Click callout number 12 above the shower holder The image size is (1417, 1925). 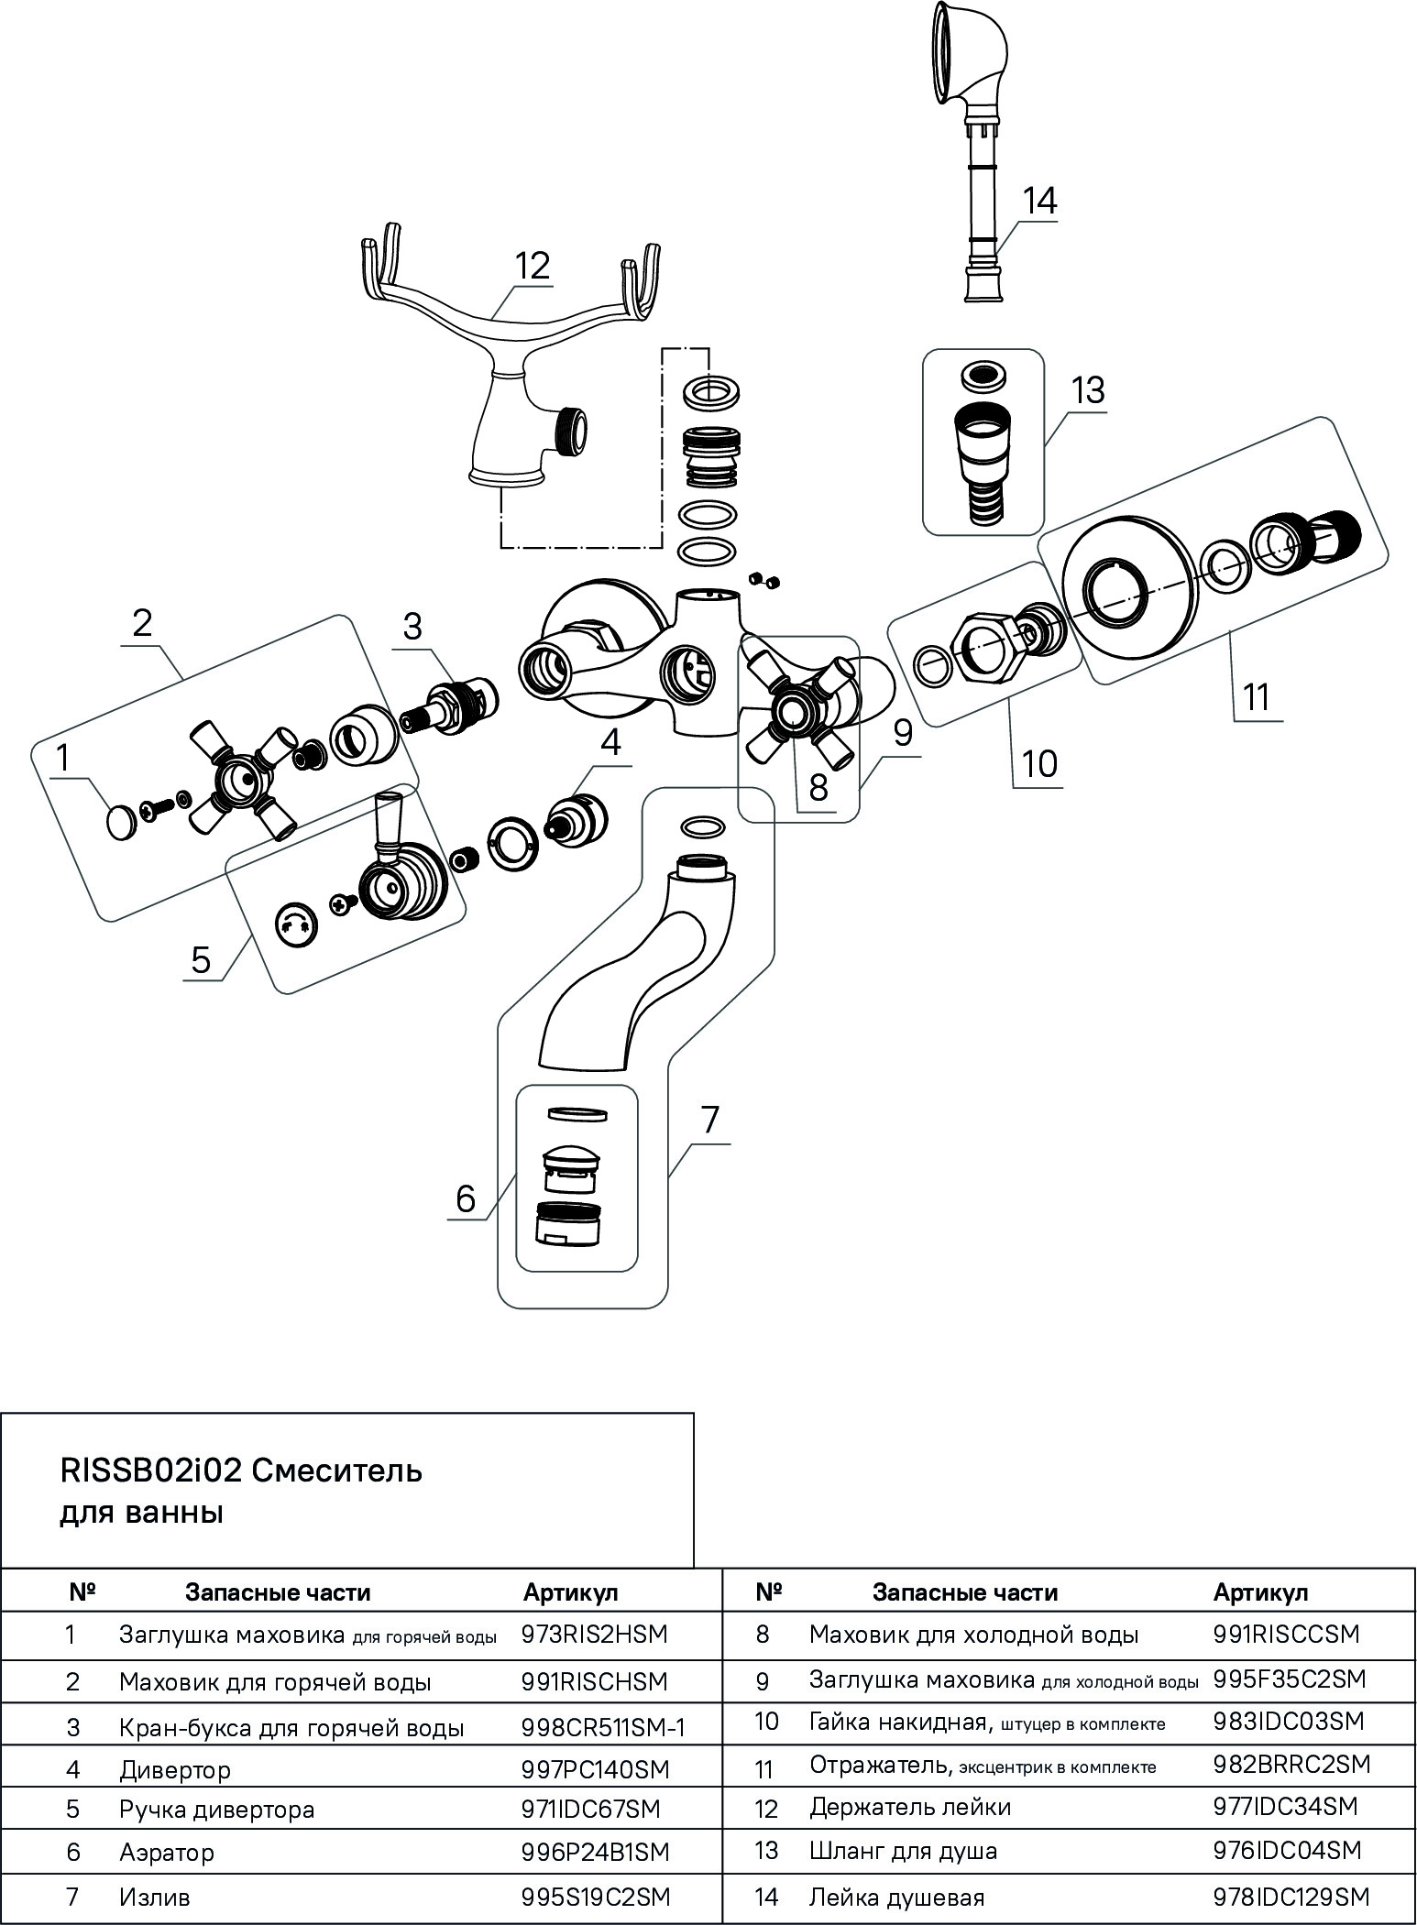coord(532,266)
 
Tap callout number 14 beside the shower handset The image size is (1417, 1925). coord(1039,201)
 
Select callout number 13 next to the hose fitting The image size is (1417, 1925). coord(1088,390)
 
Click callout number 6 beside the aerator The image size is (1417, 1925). coord(466,1198)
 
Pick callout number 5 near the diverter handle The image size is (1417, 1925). coord(201,959)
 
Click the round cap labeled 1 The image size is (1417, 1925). coord(121,821)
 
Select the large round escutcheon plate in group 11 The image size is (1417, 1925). coord(1128,594)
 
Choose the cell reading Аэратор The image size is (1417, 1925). coord(167,1852)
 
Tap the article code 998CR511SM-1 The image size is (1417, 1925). coord(604,1727)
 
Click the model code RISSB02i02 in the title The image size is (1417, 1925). coord(150,1471)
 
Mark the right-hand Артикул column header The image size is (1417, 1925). coord(1260,1592)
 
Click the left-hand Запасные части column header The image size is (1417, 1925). coord(278,1592)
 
